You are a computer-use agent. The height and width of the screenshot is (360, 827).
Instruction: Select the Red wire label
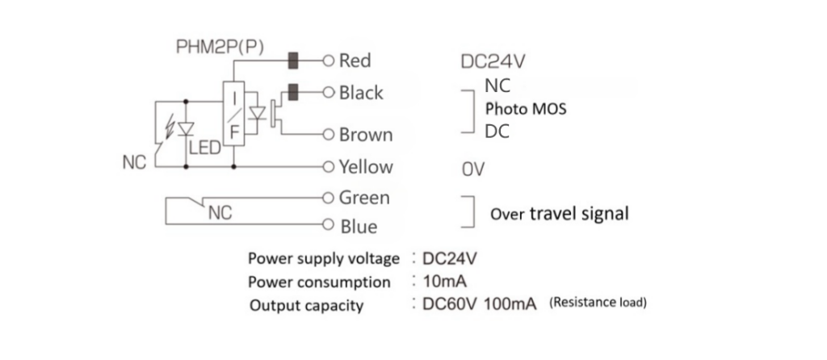point(355,61)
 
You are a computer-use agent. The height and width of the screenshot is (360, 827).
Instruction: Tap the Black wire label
point(361,93)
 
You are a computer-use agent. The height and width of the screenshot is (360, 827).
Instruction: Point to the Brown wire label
point(366,135)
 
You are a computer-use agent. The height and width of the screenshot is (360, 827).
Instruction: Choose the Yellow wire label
point(366,167)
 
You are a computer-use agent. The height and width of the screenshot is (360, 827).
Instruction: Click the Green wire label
point(364,198)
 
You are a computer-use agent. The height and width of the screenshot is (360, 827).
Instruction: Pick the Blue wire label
point(358,228)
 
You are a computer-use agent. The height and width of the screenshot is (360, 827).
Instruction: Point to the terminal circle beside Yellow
point(328,167)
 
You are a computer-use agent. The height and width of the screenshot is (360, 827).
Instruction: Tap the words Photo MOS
point(525,109)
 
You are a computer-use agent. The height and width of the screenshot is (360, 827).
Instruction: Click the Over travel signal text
point(560,215)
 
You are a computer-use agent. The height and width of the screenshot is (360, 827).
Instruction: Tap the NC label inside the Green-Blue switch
point(219,213)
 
